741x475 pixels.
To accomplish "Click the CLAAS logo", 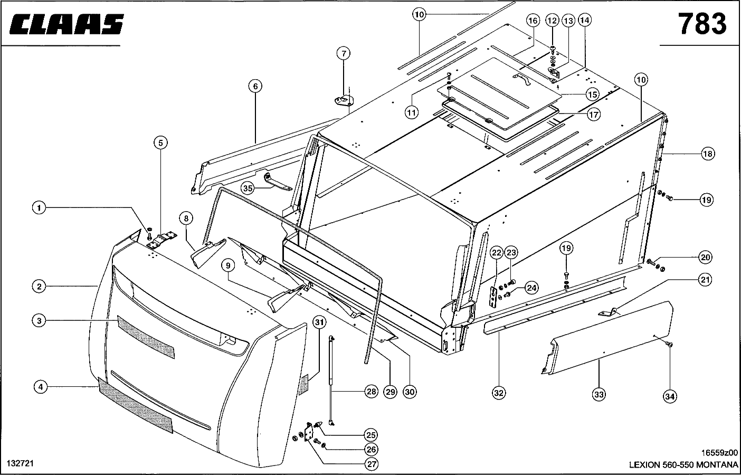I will tap(66, 24).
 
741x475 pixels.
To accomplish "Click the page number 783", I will tap(701, 24).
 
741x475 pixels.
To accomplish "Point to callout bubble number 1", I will tap(38, 208).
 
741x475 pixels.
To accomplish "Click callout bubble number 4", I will tap(40, 387).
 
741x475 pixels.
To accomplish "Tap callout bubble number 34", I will tap(670, 396).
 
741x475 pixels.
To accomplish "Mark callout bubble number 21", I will tap(706, 280).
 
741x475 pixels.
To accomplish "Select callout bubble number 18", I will tap(707, 154).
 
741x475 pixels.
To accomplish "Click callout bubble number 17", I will tap(594, 113).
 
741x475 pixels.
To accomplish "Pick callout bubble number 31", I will tap(319, 321).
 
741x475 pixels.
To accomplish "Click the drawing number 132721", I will tap(20, 463).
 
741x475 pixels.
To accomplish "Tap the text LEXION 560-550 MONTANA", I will tap(683, 465).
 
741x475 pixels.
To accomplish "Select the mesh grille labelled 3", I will tap(145, 338).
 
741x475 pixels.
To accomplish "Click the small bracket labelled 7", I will tap(343, 99).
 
